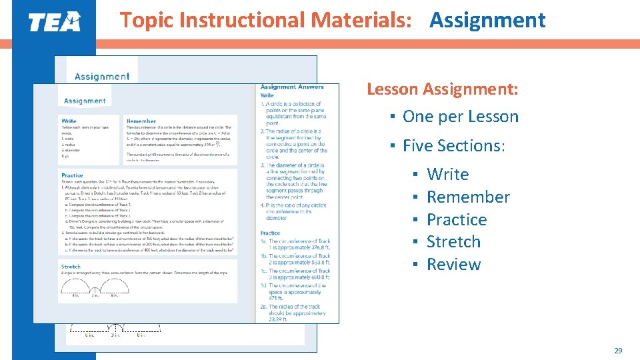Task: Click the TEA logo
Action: point(54,22)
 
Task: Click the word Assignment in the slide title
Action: point(487,21)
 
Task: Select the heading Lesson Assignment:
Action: point(442,89)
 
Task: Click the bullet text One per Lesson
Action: point(460,117)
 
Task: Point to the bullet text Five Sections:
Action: point(454,145)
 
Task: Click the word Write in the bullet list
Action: point(447,175)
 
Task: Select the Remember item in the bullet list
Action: point(468,197)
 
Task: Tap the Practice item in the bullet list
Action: point(457,220)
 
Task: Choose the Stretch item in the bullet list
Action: point(453,242)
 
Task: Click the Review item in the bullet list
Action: point(453,265)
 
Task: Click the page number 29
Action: point(617,350)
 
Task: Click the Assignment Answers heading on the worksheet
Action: point(291,87)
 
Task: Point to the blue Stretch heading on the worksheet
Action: point(71,267)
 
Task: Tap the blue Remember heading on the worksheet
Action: point(141,121)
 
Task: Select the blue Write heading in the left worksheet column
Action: point(69,121)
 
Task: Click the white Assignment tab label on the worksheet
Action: point(85,101)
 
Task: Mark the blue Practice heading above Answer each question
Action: point(72,175)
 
